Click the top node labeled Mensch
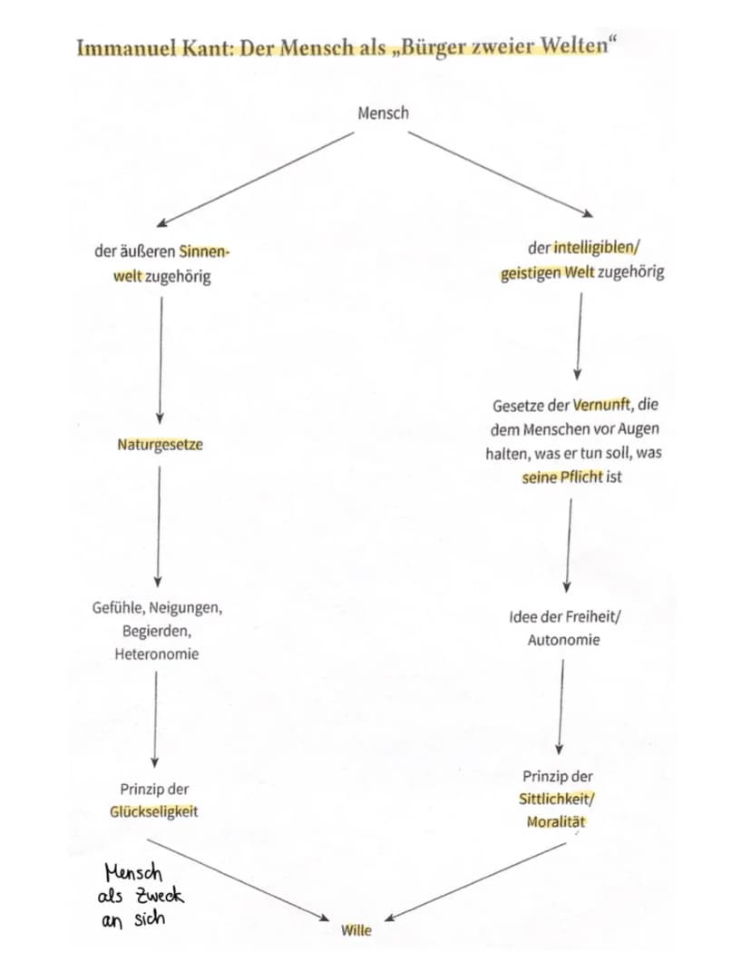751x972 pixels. pos(383,113)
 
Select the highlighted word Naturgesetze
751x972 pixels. pos(160,445)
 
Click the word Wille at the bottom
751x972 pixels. pos(356,930)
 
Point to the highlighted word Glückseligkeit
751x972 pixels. pos(153,811)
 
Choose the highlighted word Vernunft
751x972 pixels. pos(601,405)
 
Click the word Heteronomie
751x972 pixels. pos(157,654)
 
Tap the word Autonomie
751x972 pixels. pos(564,640)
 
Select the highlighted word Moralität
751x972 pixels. pos(556,821)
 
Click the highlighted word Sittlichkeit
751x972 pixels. pos(555,799)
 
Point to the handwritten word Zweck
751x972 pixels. pos(160,896)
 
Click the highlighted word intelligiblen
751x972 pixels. pos(594,248)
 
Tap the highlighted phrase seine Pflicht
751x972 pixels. pos(562,476)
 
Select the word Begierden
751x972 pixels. pos(157,631)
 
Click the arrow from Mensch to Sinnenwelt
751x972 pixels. pos(255,179)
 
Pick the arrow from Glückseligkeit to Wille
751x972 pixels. pos(239,880)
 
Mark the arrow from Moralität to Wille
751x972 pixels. pos(475,881)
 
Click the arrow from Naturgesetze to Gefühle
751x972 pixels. pos(159,526)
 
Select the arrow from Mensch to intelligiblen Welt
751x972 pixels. pos(501,174)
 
